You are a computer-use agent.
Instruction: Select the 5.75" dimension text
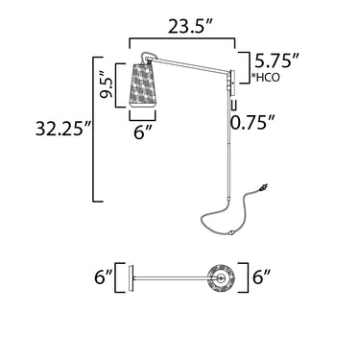(277, 60)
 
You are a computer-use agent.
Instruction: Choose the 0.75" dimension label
(252, 122)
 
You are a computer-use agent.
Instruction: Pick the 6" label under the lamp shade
(142, 132)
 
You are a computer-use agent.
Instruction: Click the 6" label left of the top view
(104, 276)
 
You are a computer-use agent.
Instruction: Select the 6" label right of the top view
(262, 276)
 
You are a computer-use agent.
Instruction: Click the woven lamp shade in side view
(143, 85)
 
